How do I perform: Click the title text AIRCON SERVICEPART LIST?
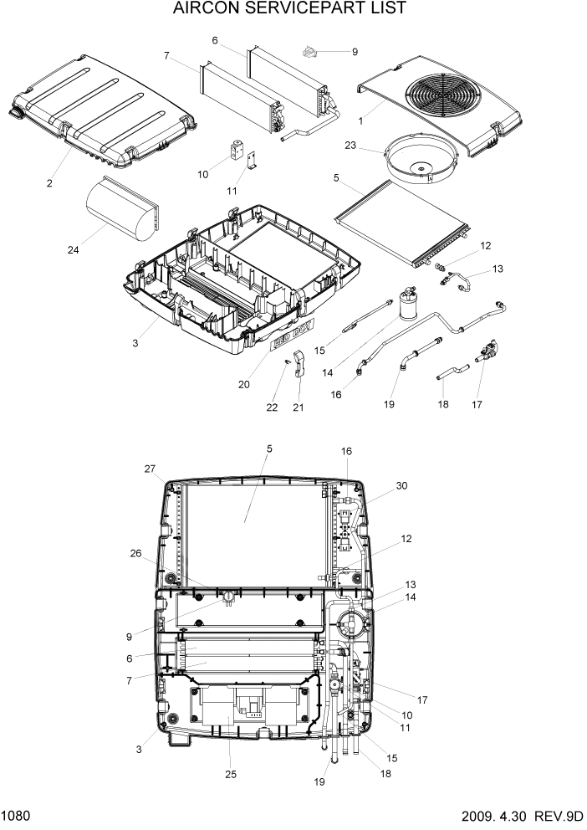tap(290, 9)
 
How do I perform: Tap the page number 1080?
tap(18, 816)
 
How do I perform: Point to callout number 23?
tap(350, 145)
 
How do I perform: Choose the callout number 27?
tap(151, 469)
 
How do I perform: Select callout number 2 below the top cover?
tap(49, 183)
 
